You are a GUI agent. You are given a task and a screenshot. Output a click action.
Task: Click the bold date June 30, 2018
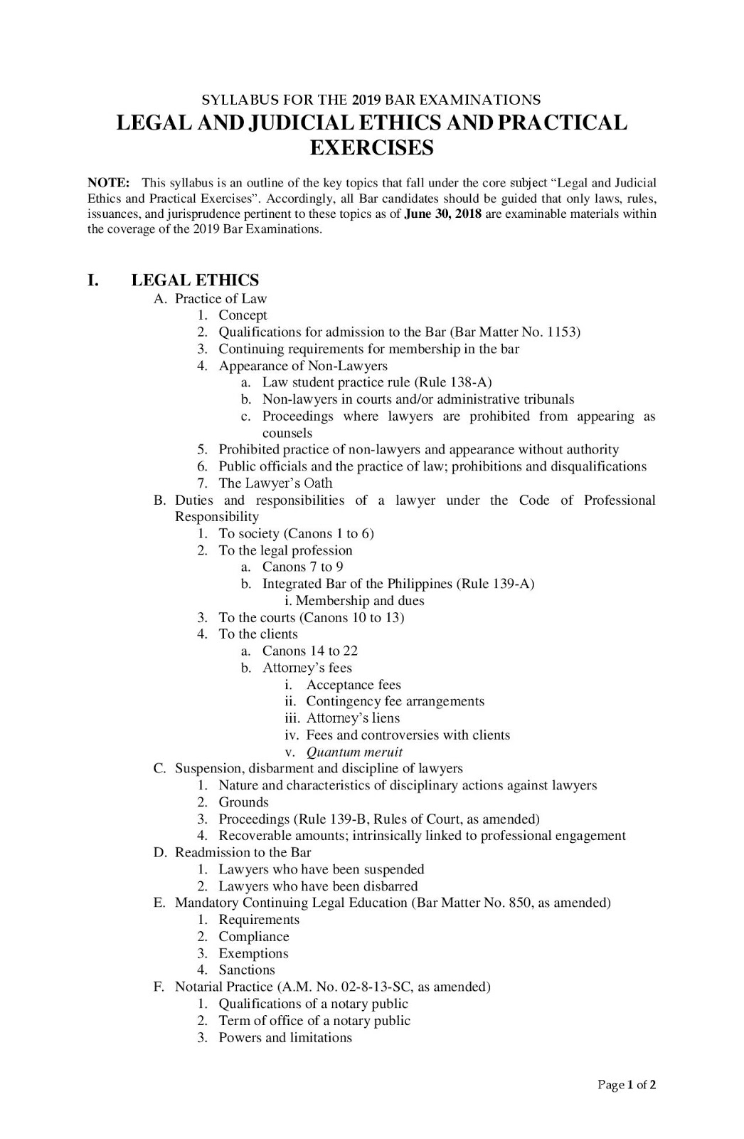[443, 214]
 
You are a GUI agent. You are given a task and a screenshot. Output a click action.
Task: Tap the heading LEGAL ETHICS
[195, 280]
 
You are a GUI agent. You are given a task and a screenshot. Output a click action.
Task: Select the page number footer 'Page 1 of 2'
[626, 1085]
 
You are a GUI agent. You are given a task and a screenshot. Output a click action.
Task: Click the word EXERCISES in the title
[372, 148]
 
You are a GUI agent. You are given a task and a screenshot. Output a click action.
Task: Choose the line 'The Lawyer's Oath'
[275, 483]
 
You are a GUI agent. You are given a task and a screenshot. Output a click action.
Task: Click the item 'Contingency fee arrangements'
[395, 701]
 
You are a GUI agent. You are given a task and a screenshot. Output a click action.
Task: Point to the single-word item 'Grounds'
[243, 802]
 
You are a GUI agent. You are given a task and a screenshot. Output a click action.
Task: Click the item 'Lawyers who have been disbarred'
[318, 886]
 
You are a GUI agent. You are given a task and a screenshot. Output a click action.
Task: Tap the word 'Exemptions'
[253, 953]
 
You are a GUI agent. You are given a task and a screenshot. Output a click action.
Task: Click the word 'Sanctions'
[246, 970]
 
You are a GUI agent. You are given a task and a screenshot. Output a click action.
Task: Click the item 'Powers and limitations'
[285, 1037]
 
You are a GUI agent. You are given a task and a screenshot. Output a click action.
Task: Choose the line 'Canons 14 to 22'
[309, 651]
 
